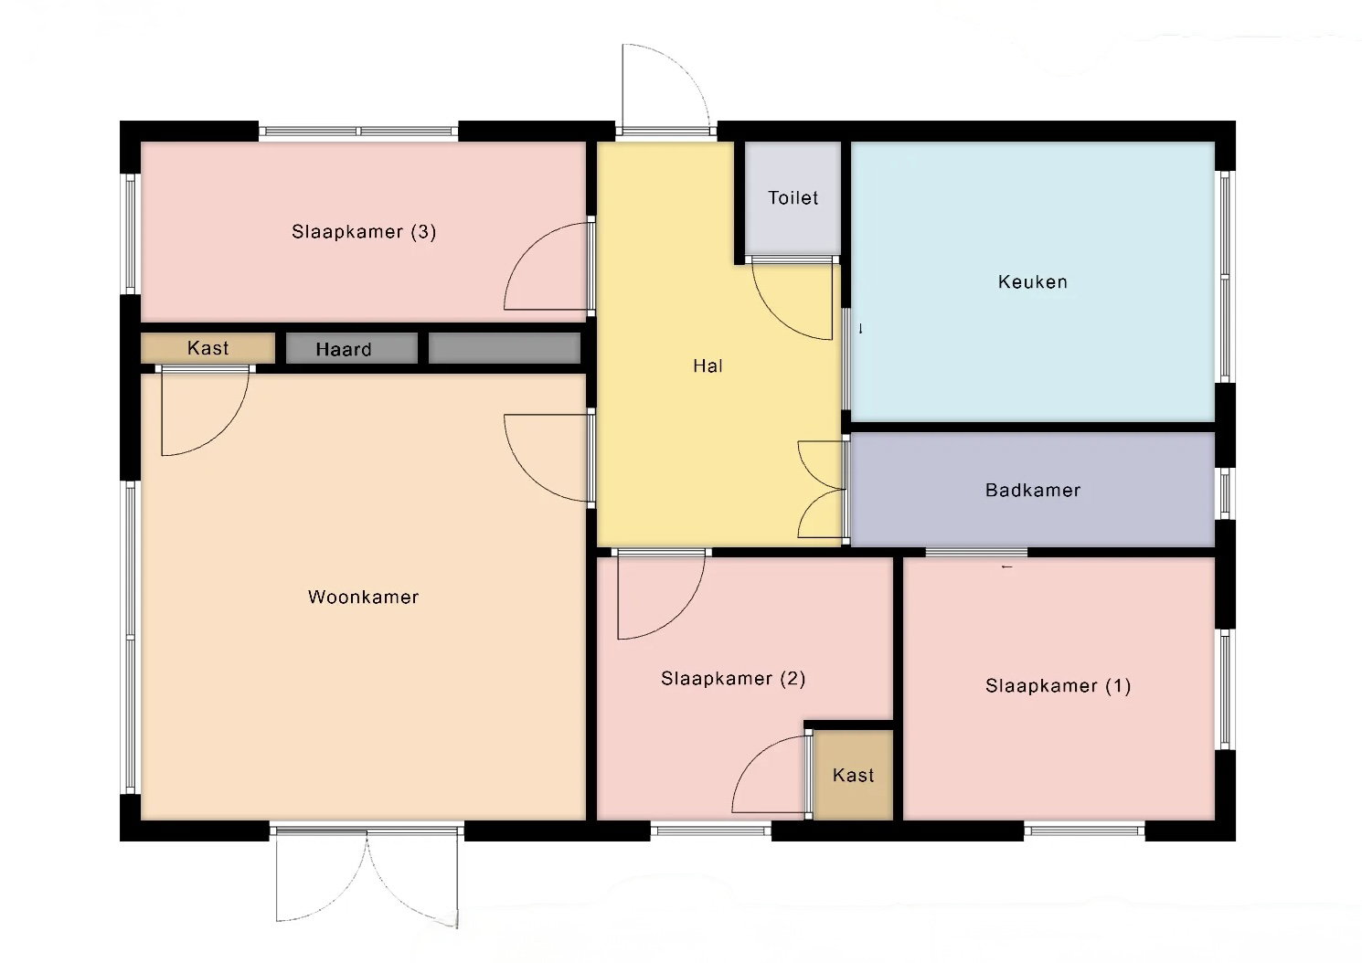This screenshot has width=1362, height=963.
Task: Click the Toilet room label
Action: click(x=793, y=198)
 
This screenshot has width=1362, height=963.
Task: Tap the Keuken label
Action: click(x=1032, y=282)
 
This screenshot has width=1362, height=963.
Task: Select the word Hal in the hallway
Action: click(x=708, y=365)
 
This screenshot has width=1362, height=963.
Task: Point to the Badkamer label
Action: click(x=1032, y=491)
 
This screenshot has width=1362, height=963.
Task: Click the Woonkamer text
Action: click(x=363, y=598)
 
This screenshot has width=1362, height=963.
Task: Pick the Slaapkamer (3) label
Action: click(x=364, y=231)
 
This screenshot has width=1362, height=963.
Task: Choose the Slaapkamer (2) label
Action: click(x=733, y=678)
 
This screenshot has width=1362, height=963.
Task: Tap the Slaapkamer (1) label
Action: click(x=1058, y=686)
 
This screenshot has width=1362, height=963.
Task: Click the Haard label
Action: click(x=344, y=349)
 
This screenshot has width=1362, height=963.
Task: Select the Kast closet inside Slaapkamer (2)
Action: click(x=853, y=776)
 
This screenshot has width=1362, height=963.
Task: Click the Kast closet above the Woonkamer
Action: click(x=207, y=348)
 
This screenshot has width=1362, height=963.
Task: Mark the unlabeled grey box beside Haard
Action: click(x=505, y=348)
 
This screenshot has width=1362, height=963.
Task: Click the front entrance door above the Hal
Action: click(x=665, y=88)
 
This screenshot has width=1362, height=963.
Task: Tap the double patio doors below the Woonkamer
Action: click(x=367, y=878)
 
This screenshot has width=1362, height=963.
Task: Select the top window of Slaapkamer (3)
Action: click(x=358, y=132)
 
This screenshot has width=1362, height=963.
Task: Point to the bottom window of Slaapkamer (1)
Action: click(x=1084, y=831)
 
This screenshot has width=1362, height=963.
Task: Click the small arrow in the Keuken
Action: click(x=860, y=329)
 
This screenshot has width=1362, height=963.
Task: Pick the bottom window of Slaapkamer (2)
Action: click(x=711, y=831)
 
